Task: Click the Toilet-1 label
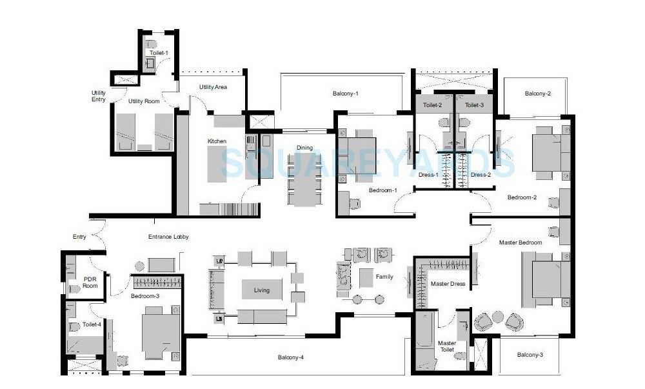coord(159,52)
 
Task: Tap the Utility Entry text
coord(98,96)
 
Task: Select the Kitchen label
coord(216,141)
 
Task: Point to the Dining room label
coord(304,148)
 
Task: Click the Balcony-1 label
coord(345,94)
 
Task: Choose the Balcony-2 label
coord(537,94)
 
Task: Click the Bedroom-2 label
coord(522,197)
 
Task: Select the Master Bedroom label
coord(521,243)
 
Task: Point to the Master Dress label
coord(448,284)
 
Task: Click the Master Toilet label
coord(446,346)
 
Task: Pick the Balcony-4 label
coord(291,357)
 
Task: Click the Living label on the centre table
coord(262,290)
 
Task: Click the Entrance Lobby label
coord(168,237)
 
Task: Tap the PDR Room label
coord(90,283)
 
